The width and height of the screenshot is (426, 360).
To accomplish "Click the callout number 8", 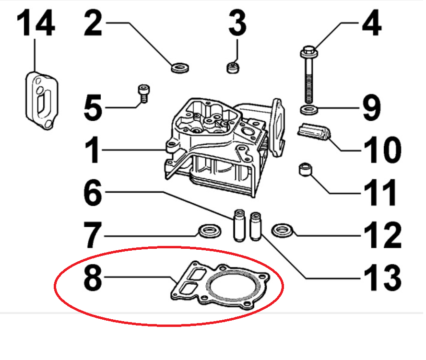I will point(93,277).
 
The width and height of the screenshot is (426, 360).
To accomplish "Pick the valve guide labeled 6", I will point(239,225).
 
